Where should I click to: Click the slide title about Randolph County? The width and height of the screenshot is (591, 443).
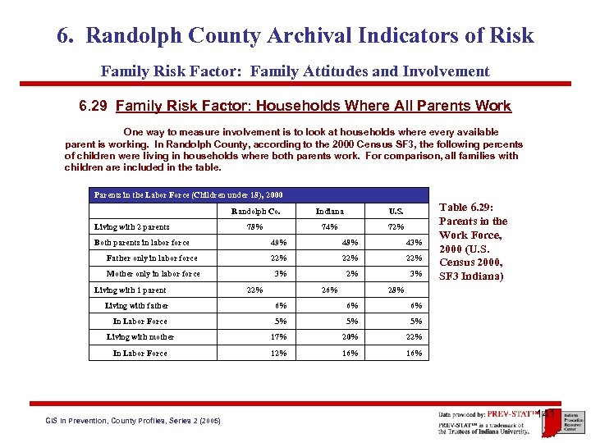click(295, 36)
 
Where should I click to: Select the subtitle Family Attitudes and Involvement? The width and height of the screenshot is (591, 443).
click(295, 71)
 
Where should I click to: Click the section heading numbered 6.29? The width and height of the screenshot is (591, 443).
click(295, 106)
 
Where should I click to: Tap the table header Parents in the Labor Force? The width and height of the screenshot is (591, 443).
click(189, 195)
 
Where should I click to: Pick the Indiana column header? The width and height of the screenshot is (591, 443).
click(329, 211)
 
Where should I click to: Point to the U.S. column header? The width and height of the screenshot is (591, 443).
click(396, 211)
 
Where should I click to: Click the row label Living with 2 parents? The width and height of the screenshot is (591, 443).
click(132, 226)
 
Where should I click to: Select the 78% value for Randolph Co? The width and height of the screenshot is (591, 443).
click(255, 226)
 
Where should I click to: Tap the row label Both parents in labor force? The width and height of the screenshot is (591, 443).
click(142, 242)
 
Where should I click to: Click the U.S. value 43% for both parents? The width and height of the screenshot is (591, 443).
click(414, 242)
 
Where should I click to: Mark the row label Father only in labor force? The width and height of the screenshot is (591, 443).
click(152, 258)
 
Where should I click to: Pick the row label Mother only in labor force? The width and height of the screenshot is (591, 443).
click(153, 274)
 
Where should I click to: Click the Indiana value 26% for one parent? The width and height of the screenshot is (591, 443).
click(329, 290)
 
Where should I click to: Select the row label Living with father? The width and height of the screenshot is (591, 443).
click(136, 305)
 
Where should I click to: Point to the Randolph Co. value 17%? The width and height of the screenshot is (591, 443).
click(279, 337)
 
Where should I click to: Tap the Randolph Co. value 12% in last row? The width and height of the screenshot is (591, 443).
click(279, 353)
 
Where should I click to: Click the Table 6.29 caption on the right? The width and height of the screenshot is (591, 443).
click(474, 242)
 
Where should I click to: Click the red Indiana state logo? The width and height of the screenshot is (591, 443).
click(552, 420)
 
